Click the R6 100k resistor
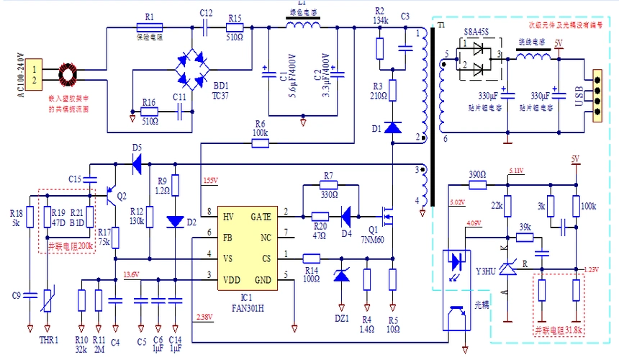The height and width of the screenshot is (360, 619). [x=261, y=143]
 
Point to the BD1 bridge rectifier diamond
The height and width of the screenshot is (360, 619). [x=192, y=71]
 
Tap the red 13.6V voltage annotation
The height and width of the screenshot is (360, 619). [x=132, y=275]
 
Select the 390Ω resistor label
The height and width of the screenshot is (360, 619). [x=477, y=175]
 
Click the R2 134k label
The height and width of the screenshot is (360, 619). [x=381, y=17]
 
